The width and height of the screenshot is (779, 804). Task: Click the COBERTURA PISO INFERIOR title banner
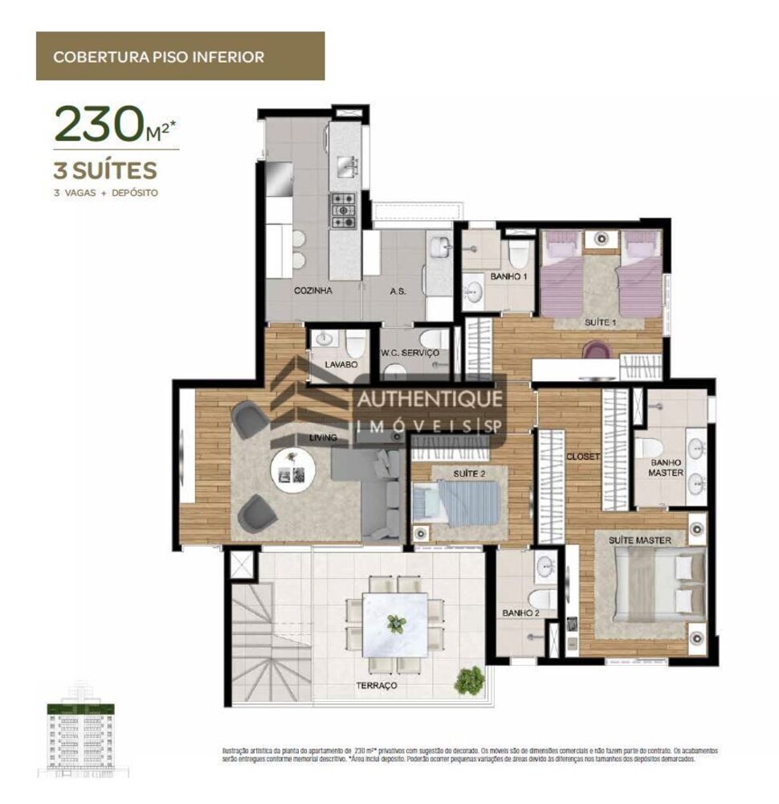click(180, 56)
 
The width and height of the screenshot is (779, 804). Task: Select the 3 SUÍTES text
click(105, 170)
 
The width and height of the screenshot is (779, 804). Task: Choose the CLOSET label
click(583, 457)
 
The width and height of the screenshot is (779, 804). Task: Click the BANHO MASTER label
click(666, 467)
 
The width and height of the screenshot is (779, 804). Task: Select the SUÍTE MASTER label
click(639, 540)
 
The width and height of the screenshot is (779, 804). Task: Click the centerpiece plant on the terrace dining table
click(394, 623)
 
